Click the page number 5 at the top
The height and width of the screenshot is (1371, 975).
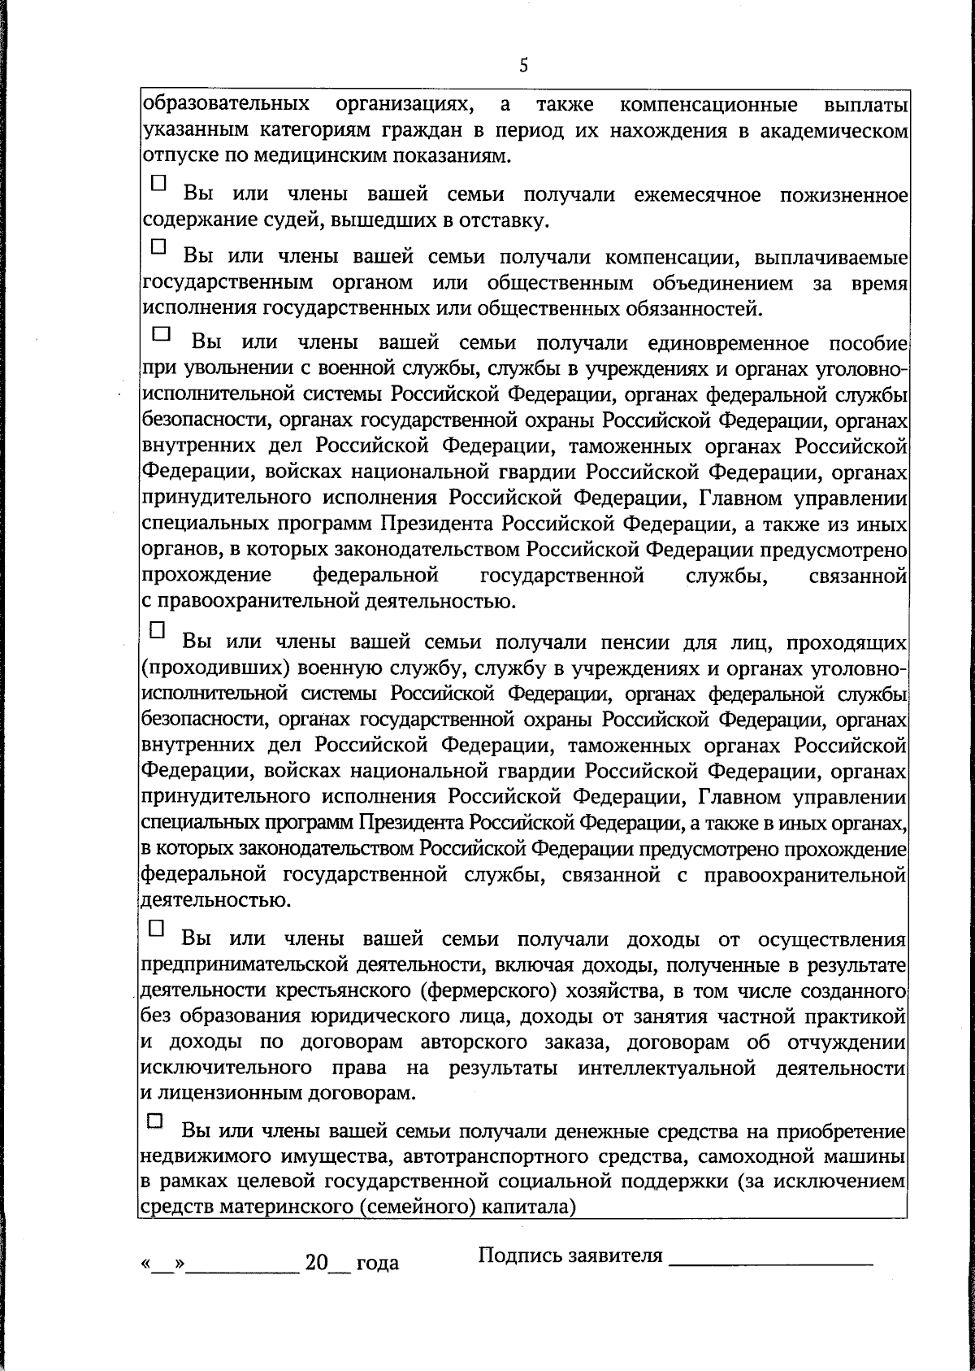(523, 66)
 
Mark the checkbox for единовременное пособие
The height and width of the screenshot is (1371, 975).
(162, 333)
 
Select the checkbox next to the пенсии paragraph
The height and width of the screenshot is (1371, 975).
(158, 629)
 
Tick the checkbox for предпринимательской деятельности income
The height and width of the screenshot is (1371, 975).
(157, 927)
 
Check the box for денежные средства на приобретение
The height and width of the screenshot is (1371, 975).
(154, 1121)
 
